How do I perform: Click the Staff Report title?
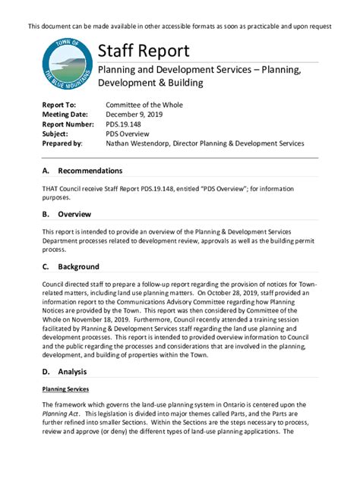click(144, 51)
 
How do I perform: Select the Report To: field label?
click(59, 105)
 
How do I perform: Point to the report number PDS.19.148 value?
click(126, 124)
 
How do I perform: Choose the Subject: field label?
click(56, 134)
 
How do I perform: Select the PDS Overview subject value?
click(129, 134)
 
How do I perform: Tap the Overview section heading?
click(74, 214)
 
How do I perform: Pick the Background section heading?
click(78, 266)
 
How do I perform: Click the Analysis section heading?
click(72, 372)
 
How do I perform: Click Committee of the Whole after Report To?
click(144, 105)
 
